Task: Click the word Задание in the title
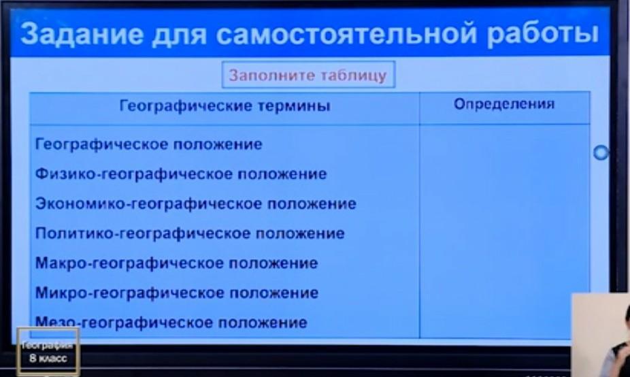82,33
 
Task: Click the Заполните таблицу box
308,75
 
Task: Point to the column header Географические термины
225,106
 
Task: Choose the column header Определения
504,105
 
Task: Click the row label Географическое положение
149,144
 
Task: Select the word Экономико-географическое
149,204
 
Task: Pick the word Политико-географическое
143,234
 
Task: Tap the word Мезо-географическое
124,323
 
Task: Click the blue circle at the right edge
601,152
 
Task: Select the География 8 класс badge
48,352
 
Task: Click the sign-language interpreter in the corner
601,335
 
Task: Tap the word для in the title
180,35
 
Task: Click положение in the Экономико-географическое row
312,204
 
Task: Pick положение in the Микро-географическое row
274,293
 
